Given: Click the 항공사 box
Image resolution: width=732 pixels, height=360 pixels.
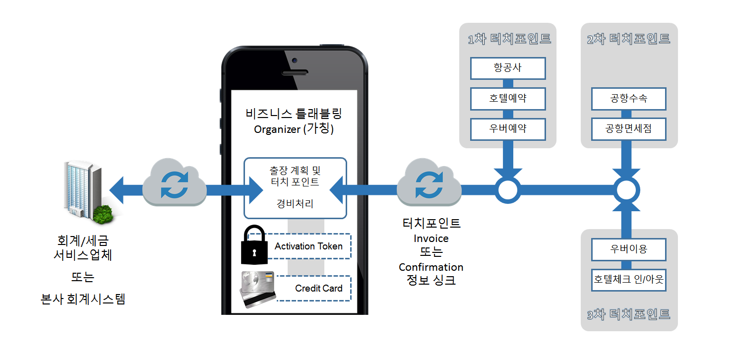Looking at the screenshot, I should coord(508,68).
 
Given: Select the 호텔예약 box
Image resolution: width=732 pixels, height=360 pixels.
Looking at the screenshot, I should coord(508,99).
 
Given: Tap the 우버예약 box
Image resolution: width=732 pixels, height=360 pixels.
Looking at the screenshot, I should coord(508,129).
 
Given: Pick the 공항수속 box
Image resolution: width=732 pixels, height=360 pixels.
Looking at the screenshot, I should coord(628,99).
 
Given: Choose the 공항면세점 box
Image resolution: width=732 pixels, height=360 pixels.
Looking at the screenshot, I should coord(628,129).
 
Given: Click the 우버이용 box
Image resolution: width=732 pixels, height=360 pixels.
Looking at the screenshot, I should coord(628,249).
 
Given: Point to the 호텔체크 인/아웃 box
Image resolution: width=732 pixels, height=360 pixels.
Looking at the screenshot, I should coord(628,280).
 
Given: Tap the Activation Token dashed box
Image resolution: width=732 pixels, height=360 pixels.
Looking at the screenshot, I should coord(308,246).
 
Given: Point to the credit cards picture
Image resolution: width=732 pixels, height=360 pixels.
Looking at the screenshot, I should coord(258,289).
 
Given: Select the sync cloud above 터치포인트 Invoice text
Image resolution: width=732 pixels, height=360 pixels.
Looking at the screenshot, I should coord(429,186).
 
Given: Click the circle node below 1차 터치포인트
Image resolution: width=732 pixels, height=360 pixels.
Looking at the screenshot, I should coord(508,189).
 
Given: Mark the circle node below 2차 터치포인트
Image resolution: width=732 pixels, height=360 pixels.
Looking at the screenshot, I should coord(626,189).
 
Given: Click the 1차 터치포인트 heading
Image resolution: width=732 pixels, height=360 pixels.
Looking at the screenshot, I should coord(509,39).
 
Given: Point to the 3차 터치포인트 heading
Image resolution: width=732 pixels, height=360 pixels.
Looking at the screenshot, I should coord(628,314).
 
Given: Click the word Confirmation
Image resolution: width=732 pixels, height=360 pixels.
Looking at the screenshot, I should coord(431,267).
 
